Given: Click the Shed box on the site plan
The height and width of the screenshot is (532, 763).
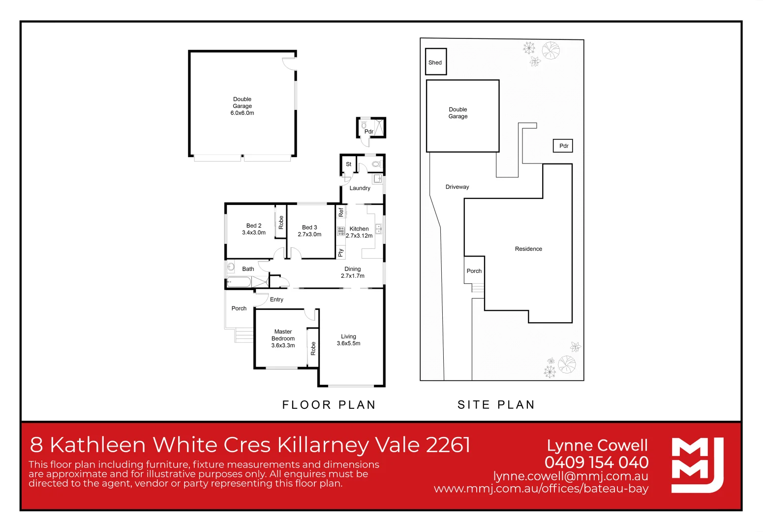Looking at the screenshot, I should (x=435, y=62).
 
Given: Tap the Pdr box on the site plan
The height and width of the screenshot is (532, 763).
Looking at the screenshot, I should (x=563, y=146).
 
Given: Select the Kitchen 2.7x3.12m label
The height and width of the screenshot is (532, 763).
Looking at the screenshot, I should (x=359, y=232).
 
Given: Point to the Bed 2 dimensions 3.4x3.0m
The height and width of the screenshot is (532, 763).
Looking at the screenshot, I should (x=254, y=233).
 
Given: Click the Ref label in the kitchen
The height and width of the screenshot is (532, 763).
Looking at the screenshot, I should (x=341, y=212).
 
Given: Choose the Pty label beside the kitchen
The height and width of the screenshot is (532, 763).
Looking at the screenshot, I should (x=340, y=253).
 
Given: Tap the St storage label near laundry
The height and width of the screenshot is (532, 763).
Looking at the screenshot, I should (x=348, y=164).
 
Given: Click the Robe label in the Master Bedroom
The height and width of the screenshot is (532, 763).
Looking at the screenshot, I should (x=313, y=348).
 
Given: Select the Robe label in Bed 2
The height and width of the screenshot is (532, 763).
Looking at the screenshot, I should (x=281, y=222).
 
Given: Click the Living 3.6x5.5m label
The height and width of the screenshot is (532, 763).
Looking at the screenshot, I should (x=348, y=340).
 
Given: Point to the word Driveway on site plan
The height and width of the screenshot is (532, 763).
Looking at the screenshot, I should (x=457, y=187).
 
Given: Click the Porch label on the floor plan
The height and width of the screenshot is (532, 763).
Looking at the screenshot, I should (x=239, y=308).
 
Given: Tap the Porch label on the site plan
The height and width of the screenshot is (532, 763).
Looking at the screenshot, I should (x=474, y=271).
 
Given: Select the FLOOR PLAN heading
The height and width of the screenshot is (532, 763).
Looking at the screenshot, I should (x=329, y=405).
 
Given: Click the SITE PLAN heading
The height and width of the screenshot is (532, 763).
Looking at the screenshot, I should (x=496, y=405).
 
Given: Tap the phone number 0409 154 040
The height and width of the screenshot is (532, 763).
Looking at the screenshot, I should (x=596, y=462).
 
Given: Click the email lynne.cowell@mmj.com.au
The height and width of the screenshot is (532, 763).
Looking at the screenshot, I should (x=571, y=476).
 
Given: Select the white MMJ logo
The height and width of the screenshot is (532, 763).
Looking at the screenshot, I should (x=697, y=465).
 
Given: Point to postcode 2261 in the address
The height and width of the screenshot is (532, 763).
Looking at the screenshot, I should (x=448, y=445).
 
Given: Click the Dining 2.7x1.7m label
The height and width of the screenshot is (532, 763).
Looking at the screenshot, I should (x=353, y=272).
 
